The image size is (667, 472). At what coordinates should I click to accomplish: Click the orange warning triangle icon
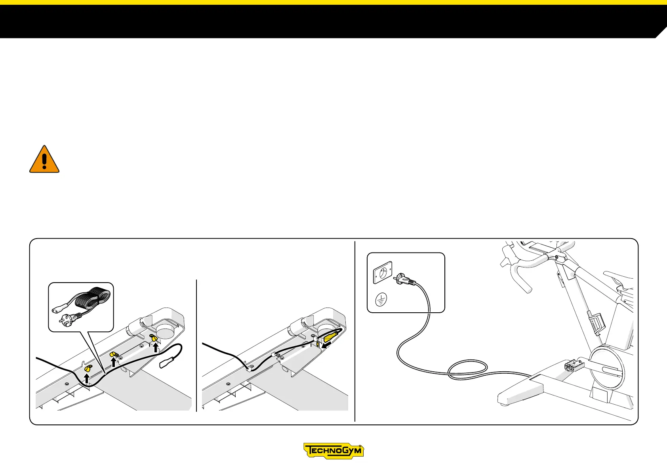[x=44, y=159]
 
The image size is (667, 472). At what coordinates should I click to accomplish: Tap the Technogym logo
[x=333, y=451]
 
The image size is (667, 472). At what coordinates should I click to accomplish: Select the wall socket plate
[x=383, y=272]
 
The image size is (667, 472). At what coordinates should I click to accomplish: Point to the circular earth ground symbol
[x=382, y=300]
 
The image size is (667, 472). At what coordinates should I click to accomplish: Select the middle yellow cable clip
[x=114, y=354]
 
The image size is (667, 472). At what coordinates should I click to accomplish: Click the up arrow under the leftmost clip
[x=87, y=378]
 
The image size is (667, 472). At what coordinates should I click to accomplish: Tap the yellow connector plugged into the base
[x=331, y=337]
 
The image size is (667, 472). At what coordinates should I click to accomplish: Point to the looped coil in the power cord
[x=467, y=368]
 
